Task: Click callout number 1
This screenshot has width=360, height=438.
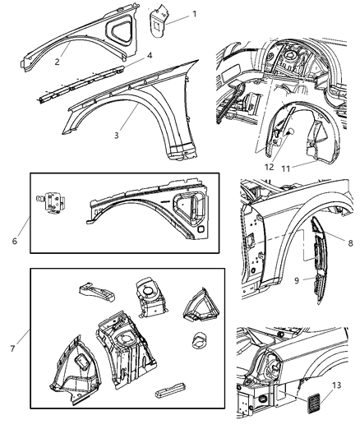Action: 194,15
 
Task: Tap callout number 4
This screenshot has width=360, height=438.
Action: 150,56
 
